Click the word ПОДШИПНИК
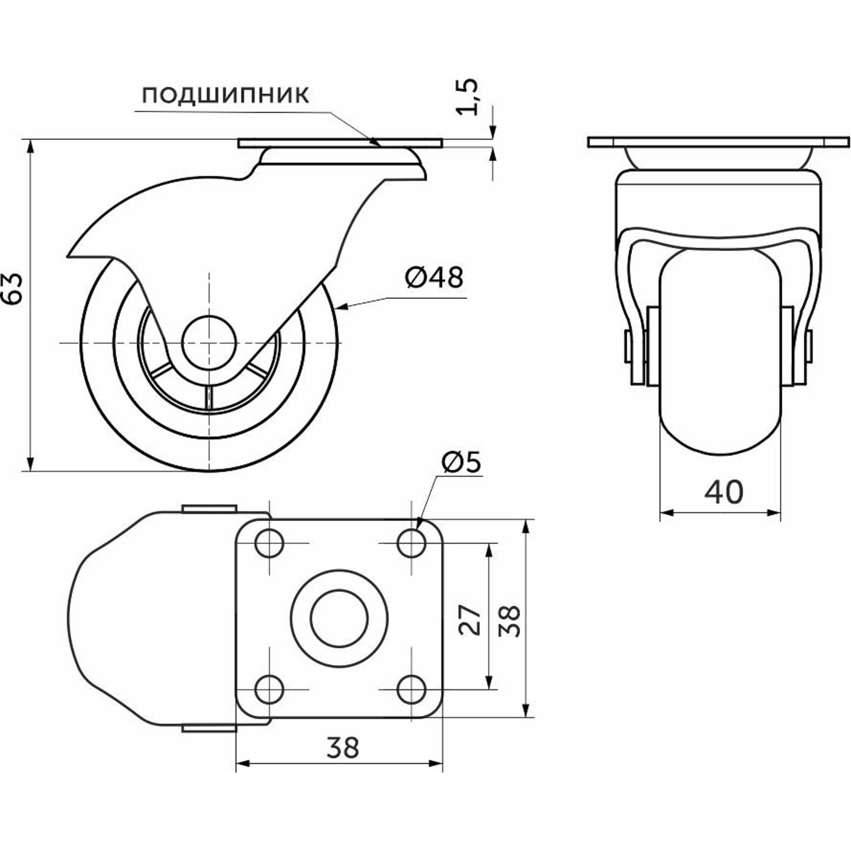tap(226, 95)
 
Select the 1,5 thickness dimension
tap(467, 97)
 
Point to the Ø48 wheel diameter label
tap(434, 278)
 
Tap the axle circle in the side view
tap(209, 343)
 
